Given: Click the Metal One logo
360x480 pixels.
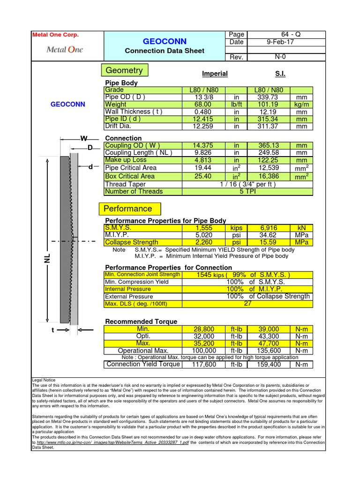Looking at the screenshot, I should tap(64, 50).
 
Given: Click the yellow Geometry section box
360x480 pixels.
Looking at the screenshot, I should tap(124, 70).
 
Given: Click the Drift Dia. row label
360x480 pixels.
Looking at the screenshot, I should tap(118, 126).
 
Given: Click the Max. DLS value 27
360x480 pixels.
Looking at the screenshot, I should tap(247, 304).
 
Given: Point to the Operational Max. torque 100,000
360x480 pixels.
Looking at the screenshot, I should tap(204, 351).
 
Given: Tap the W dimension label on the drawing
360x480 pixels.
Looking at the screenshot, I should tap(84, 138).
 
